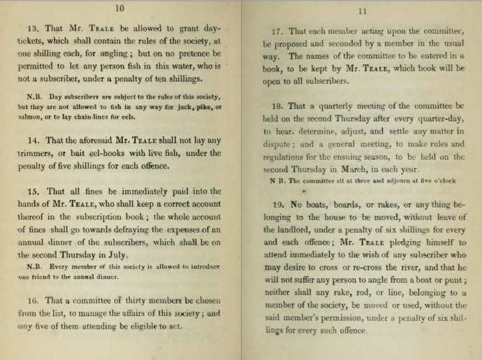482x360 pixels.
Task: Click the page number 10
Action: click(119, 8)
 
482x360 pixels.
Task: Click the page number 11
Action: click(361, 11)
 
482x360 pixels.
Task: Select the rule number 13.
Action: click(33, 29)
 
